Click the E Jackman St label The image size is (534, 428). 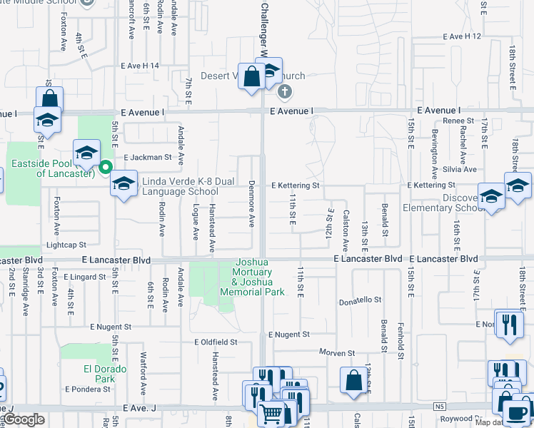pyautogui.click(x=148, y=157)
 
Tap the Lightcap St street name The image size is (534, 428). pyautogui.click(x=66, y=244)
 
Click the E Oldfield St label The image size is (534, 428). pyautogui.click(x=216, y=342)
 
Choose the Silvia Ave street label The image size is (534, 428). pyautogui.click(x=460, y=169)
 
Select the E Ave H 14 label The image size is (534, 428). pyautogui.click(x=140, y=66)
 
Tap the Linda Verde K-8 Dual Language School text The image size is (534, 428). pyautogui.click(x=180, y=187)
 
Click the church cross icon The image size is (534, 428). pyautogui.click(x=284, y=91)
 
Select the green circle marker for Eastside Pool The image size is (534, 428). pyautogui.click(x=106, y=168)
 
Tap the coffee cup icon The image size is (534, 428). pyautogui.click(x=516, y=411)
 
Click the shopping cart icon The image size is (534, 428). pyautogui.click(x=271, y=413)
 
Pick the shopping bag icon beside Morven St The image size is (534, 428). pyautogui.click(x=353, y=379)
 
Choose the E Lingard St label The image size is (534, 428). pyautogui.click(x=85, y=276)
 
